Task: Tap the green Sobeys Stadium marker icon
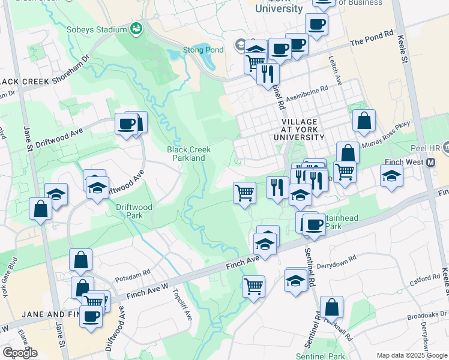(137, 28)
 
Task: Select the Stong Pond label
(203, 50)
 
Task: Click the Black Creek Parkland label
(186, 154)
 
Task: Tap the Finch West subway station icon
(430, 162)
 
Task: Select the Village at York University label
(298, 129)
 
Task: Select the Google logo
(20, 352)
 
